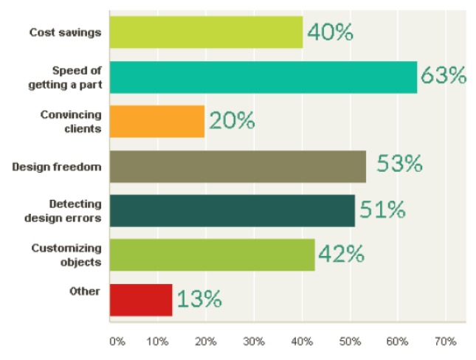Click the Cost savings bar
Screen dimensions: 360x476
tap(206, 32)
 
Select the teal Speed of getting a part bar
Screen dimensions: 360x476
tap(263, 77)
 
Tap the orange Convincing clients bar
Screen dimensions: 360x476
tap(157, 122)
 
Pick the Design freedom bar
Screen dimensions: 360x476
tap(238, 166)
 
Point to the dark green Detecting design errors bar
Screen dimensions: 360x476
tap(232, 210)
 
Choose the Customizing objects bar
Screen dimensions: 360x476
tap(212, 255)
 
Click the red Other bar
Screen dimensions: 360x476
tap(140, 300)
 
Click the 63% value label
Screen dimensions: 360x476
tap(443, 76)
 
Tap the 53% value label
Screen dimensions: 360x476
tap(399, 165)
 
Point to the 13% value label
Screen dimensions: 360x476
tap(198, 300)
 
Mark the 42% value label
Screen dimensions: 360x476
tap(341, 255)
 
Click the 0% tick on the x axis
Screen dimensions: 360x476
tap(117, 342)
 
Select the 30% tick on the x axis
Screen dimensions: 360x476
tap(255, 342)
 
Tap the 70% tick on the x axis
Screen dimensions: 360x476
tap(446, 342)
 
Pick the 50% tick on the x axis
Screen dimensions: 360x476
tap(350, 342)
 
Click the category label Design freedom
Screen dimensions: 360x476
tap(56, 166)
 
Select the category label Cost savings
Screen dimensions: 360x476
tap(64, 32)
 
